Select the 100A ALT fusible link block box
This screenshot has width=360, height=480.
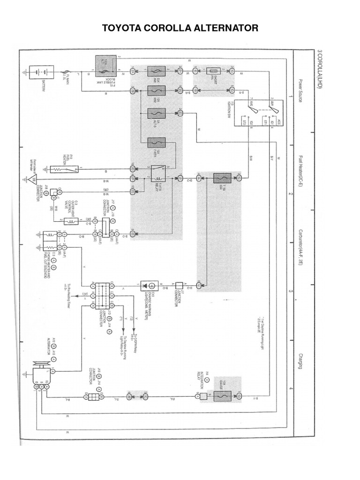coord(105,66)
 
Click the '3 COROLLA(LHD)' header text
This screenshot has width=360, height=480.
coord(319,70)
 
